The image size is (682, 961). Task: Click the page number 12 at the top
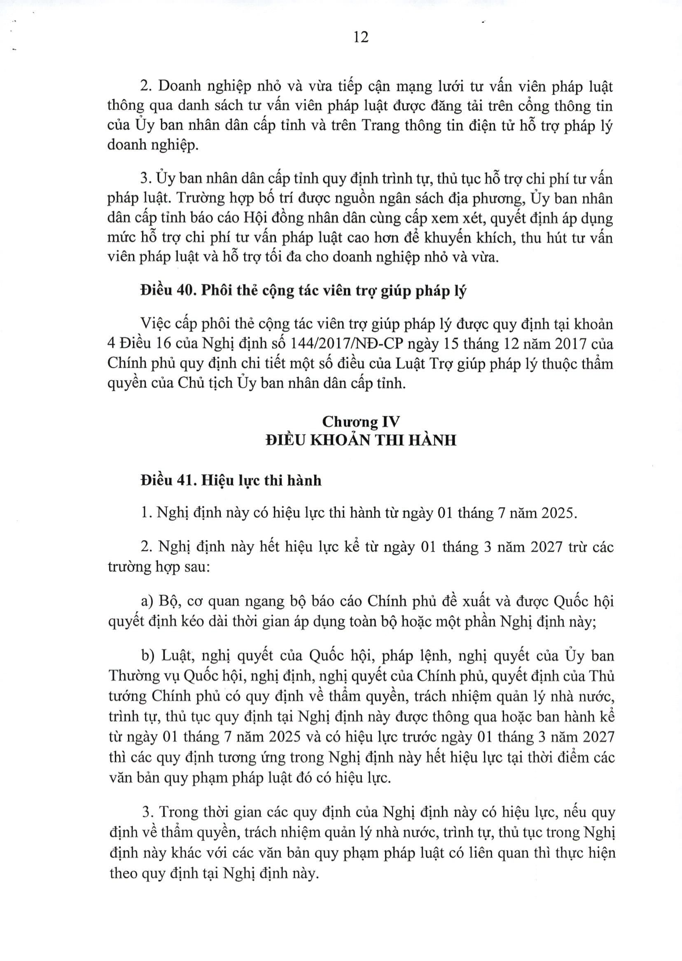pyautogui.click(x=361, y=37)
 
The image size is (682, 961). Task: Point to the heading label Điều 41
pyautogui.click(x=167, y=480)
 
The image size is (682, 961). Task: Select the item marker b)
pyautogui.click(x=148, y=655)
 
